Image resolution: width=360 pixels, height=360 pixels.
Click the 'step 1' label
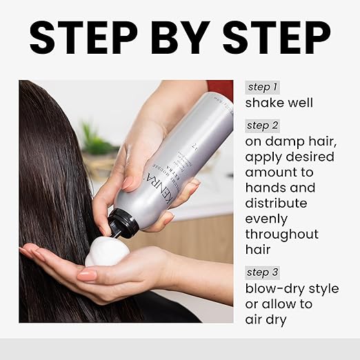[263, 87]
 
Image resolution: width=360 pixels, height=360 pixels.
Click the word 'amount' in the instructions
[273, 172]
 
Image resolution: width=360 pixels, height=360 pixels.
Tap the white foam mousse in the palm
[108, 252]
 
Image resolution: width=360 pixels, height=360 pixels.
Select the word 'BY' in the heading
[179, 37]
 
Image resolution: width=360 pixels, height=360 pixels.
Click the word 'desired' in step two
[311, 157]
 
